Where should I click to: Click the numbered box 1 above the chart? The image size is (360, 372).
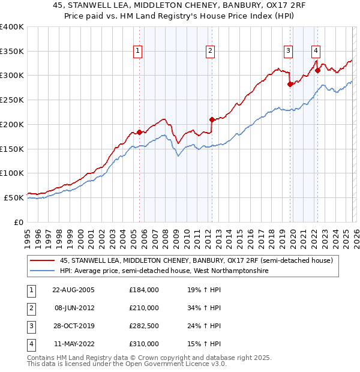pyautogui.click(x=139, y=52)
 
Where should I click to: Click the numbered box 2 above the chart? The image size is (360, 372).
pyautogui.click(x=211, y=52)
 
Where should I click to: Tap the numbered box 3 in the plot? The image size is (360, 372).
pyautogui.click(x=289, y=52)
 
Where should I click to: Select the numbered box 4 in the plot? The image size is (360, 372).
pyautogui.click(x=316, y=52)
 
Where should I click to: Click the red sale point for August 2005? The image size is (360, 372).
pyautogui.click(x=140, y=132)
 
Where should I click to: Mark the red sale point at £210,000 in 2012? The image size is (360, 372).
pyautogui.click(x=212, y=119)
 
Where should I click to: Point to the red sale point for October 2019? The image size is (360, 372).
pyautogui.click(x=290, y=84)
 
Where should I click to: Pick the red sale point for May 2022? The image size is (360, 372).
pyautogui.click(x=317, y=71)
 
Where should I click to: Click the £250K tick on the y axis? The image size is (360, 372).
pyautogui.click(x=12, y=100)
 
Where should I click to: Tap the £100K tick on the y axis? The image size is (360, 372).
pyautogui.click(x=12, y=173)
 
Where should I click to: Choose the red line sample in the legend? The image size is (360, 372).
pyautogui.click(x=43, y=260)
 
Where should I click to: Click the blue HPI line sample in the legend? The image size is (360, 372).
pyautogui.click(x=43, y=271)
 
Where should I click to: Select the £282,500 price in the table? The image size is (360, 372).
pyautogui.click(x=144, y=326)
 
